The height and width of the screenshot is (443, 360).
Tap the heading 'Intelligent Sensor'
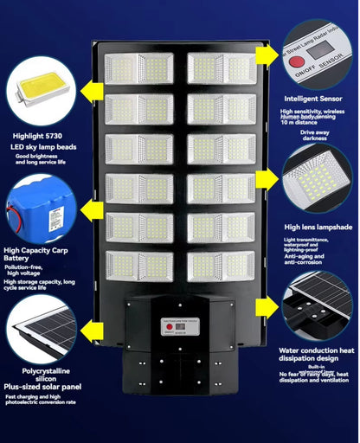coord(313,99)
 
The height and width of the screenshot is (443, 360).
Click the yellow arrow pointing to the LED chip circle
coord(93,87)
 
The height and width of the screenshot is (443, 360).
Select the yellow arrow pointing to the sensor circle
coord(265,55)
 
